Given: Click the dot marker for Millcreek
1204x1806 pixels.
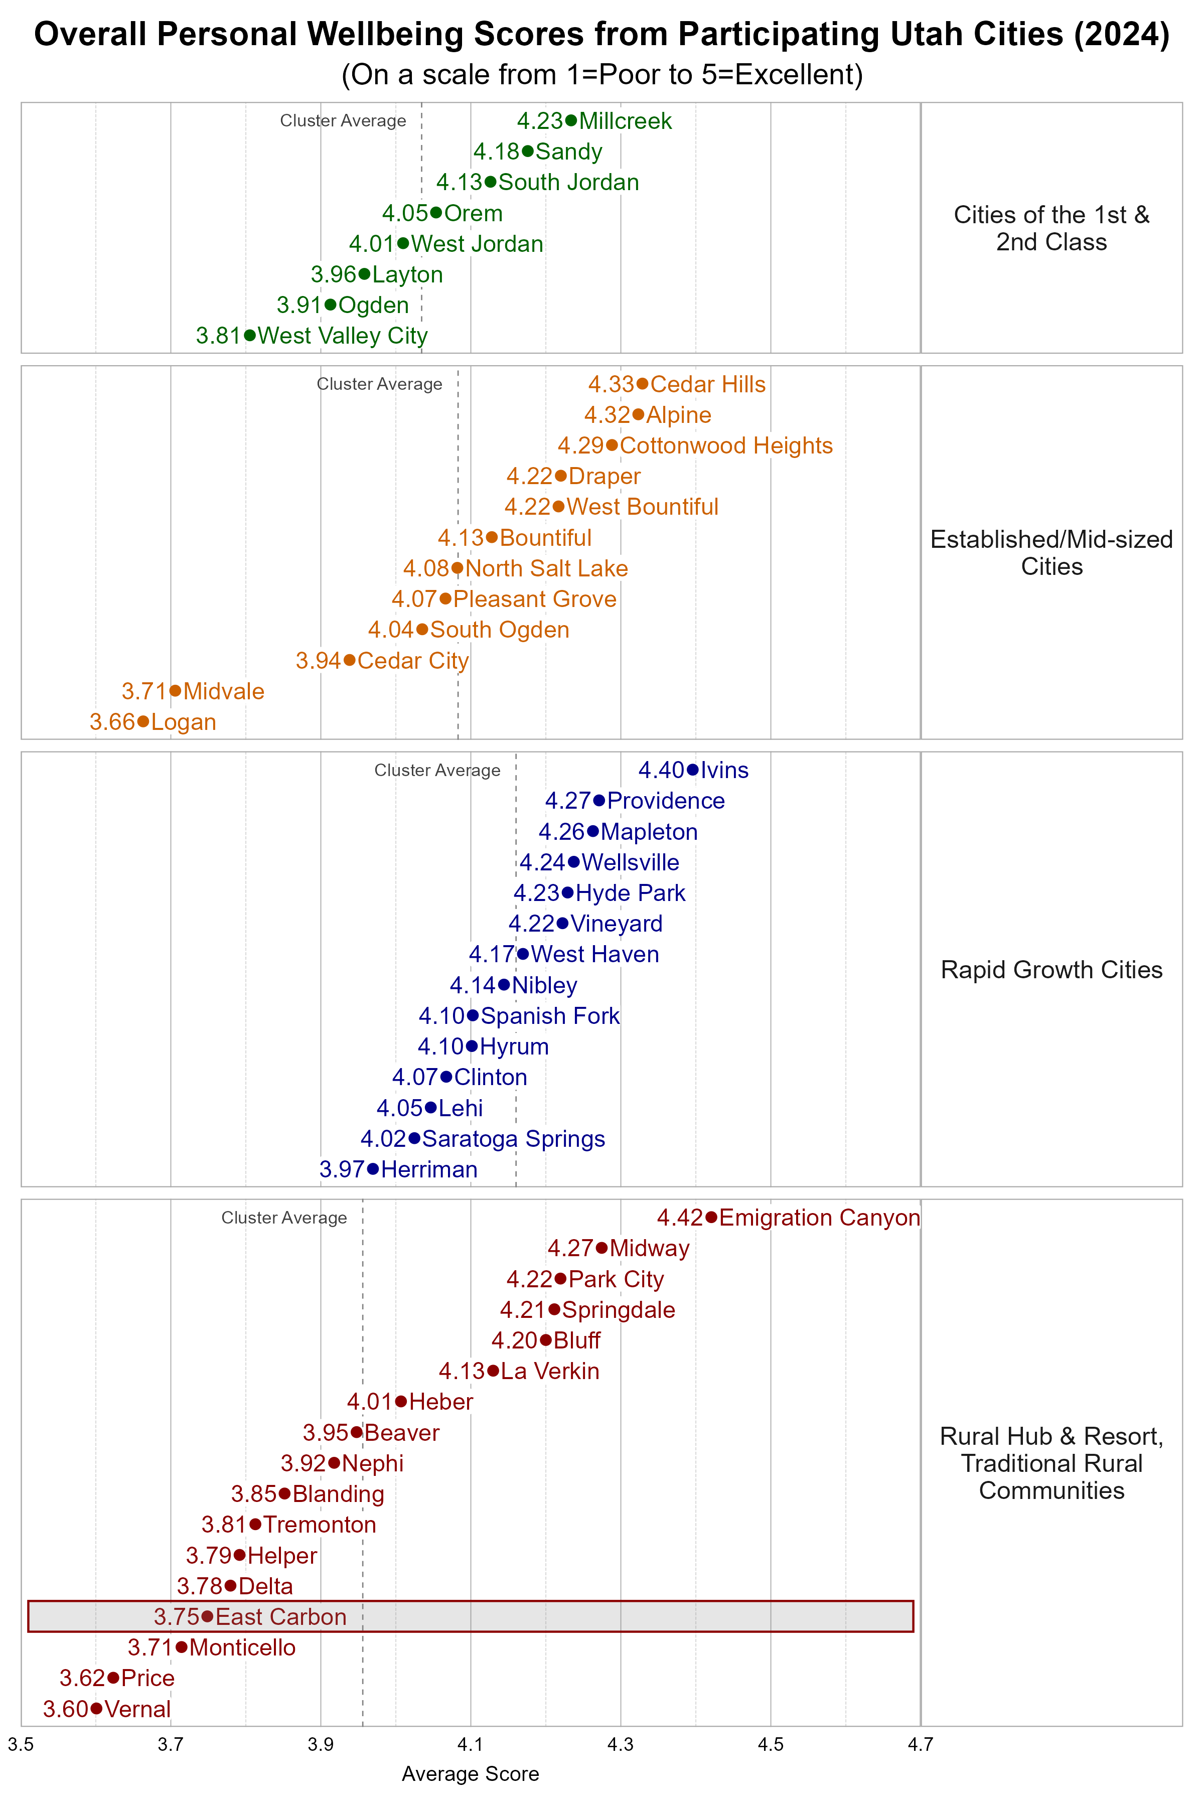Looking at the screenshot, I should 570,120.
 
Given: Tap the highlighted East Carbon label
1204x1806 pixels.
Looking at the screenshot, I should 281,1616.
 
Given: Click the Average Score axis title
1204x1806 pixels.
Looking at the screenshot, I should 470,1774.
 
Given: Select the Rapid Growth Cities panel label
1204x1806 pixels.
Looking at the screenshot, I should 1051,969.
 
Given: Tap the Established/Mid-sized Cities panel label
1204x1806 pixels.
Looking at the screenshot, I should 1051,553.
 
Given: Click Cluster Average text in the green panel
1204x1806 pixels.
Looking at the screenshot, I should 343,120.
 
